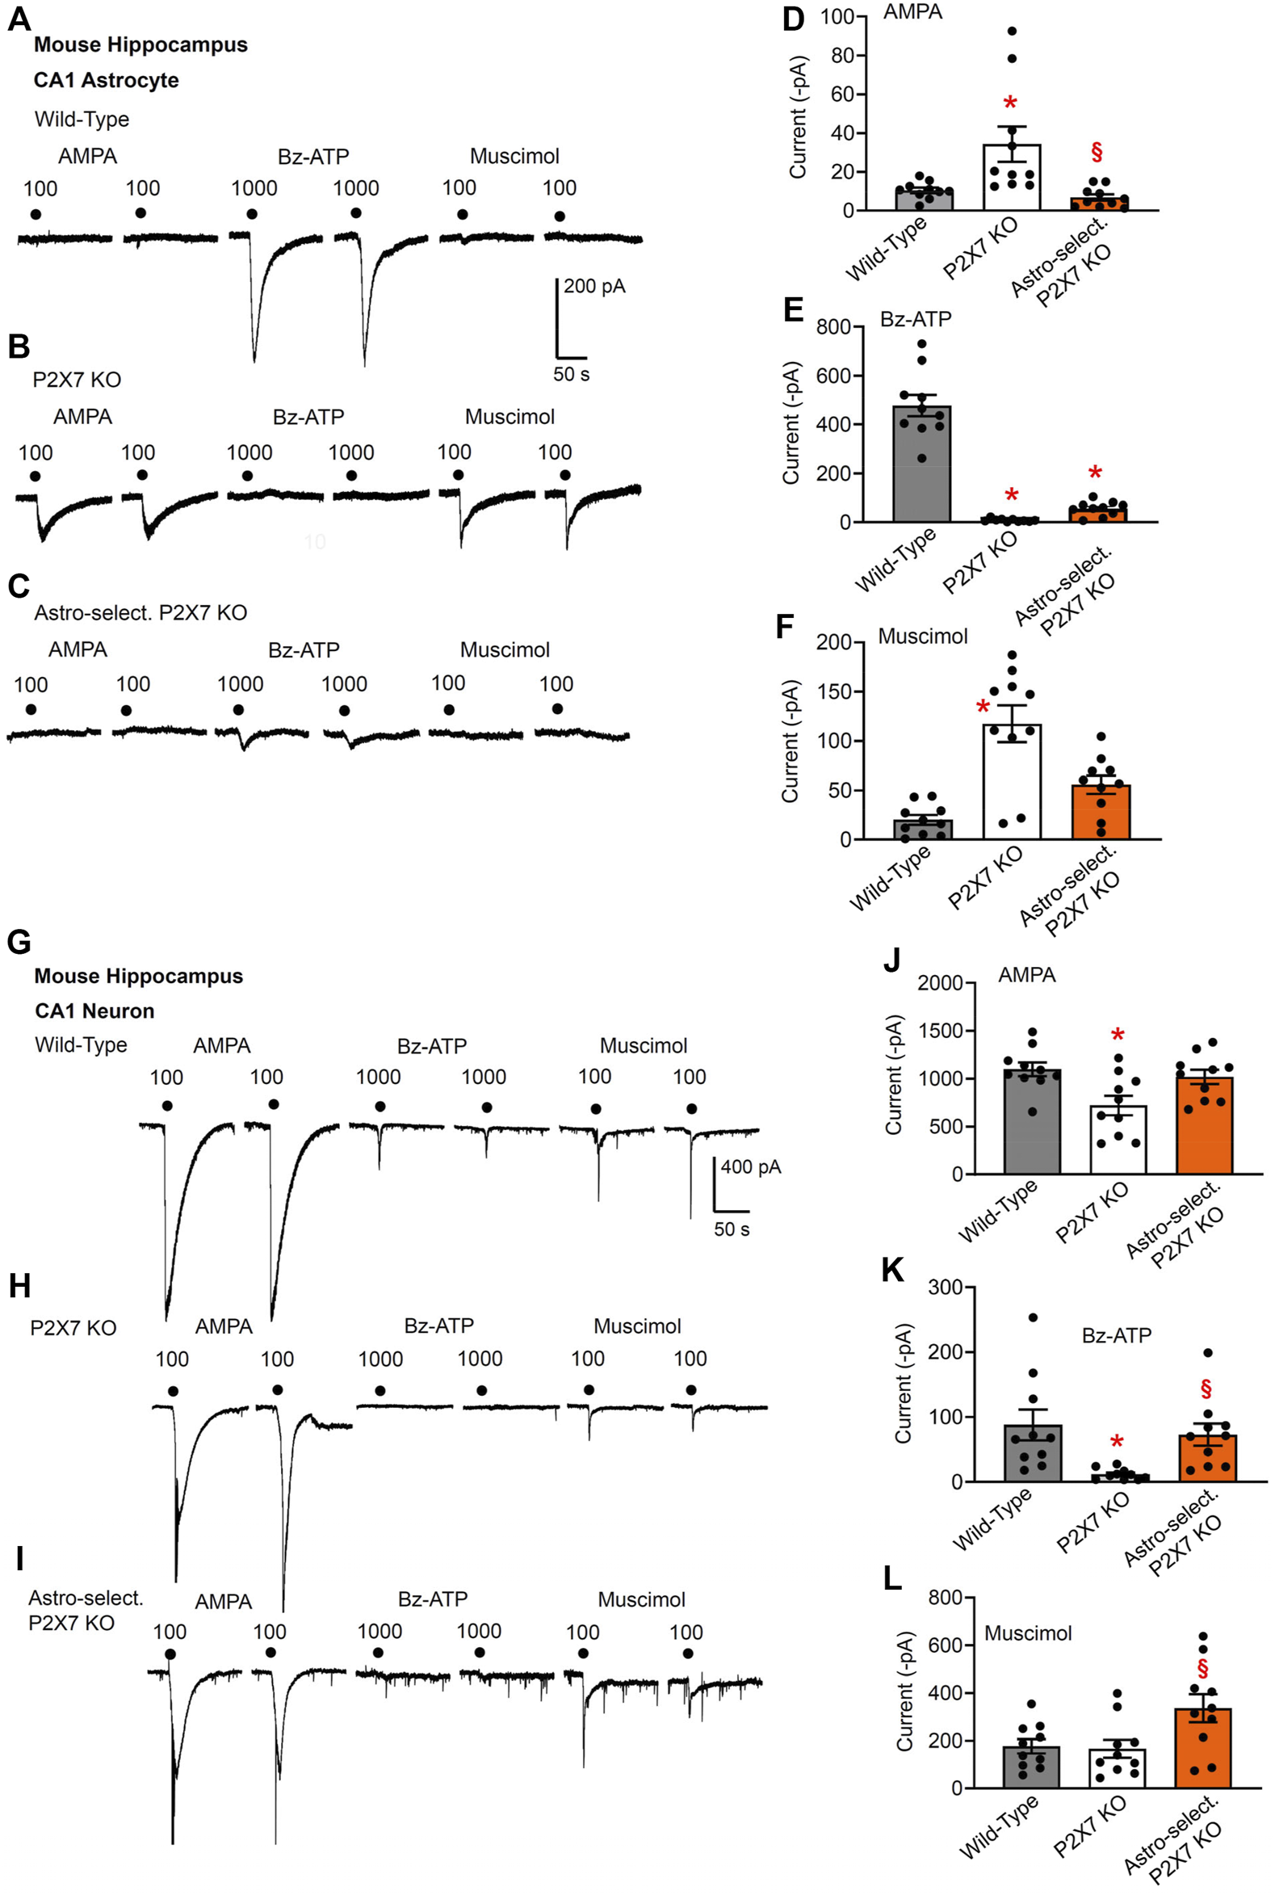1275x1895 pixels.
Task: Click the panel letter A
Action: pyautogui.click(x=19, y=18)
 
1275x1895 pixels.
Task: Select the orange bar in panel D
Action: pyautogui.click(x=1098, y=204)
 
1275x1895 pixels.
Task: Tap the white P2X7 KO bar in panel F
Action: pyautogui.click(x=1012, y=782)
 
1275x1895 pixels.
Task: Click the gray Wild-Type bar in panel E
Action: pyautogui.click(x=921, y=464)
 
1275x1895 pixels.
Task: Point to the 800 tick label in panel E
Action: pyautogui.click(x=834, y=327)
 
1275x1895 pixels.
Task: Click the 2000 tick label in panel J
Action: pyautogui.click(x=940, y=983)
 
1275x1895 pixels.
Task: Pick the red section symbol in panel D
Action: pyautogui.click(x=1097, y=152)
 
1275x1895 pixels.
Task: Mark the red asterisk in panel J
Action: pyautogui.click(x=1118, y=1036)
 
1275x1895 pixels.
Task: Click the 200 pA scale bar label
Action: pyautogui.click(x=594, y=286)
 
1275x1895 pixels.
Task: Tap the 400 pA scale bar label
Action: pyautogui.click(x=750, y=1167)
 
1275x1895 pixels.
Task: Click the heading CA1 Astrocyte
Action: pyautogui.click(x=106, y=81)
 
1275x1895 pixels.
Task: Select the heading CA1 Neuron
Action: pyautogui.click(x=94, y=1011)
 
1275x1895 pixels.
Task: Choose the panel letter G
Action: pyautogui.click(x=19, y=942)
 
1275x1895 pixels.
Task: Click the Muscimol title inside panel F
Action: pyautogui.click(x=922, y=636)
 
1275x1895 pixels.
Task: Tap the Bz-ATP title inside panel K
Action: pyautogui.click(x=1116, y=1335)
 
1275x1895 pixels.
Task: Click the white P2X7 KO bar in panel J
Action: pyautogui.click(x=1118, y=1140)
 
